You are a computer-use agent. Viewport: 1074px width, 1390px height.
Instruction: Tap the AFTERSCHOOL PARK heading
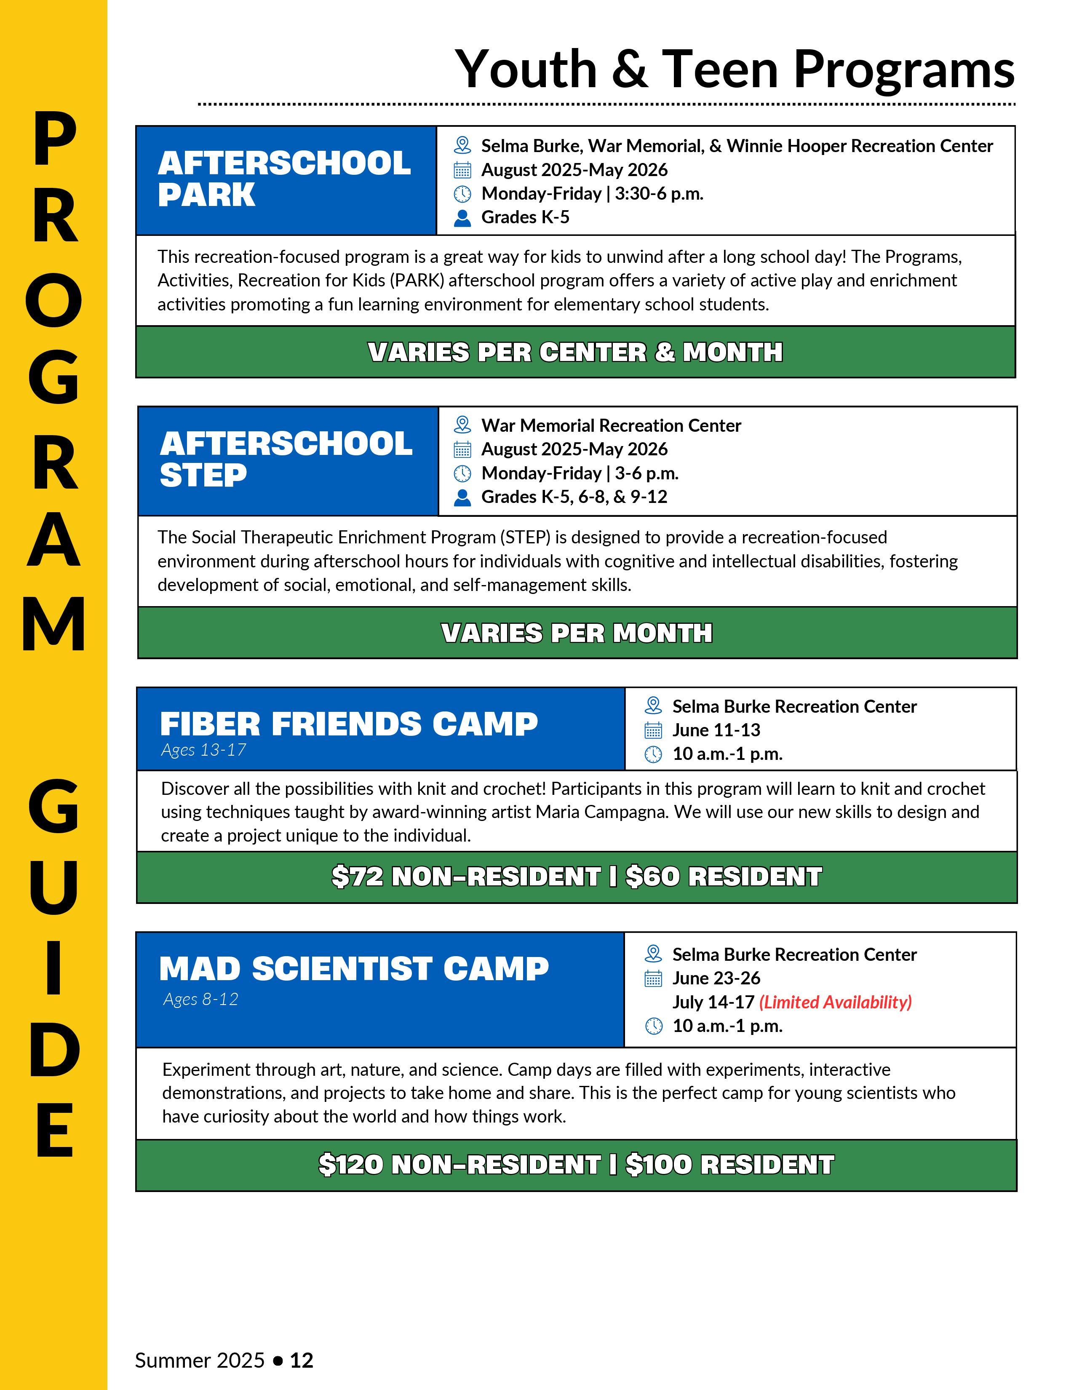[284, 179]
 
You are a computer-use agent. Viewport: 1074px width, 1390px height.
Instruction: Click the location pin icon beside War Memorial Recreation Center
[462, 425]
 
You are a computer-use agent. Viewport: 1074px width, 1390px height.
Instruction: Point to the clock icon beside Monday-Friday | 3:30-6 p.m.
[462, 194]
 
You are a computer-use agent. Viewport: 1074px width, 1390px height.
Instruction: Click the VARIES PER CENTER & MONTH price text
[575, 352]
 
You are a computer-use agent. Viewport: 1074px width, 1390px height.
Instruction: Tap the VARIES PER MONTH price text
[577, 633]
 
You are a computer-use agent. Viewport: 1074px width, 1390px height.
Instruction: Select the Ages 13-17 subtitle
[203, 750]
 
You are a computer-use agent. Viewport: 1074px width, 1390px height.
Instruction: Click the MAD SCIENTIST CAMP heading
[354, 969]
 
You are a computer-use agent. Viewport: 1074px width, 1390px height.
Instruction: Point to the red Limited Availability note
[836, 1002]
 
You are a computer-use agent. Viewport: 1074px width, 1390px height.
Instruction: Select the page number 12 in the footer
[302, 1360]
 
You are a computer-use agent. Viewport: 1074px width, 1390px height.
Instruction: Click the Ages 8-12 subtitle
[200, 999]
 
